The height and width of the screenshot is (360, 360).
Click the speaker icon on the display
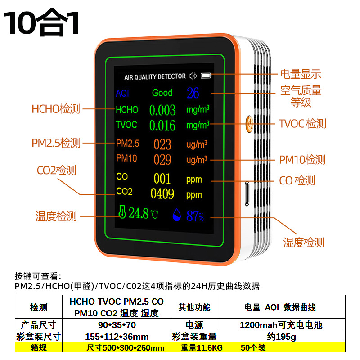click(193, 76)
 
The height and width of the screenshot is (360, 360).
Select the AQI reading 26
click(193, 93)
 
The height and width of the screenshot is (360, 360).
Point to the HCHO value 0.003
click(162, 110)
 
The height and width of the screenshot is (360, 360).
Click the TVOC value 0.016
click(162, 125)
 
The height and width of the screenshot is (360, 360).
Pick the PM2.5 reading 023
click(162, 144)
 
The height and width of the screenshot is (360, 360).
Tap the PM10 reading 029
click(162, 159)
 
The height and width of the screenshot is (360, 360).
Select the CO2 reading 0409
click(162, 194)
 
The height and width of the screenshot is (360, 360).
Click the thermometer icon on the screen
click(122, 213)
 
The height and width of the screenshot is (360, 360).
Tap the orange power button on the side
click(249, 122)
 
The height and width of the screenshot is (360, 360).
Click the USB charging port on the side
click(247, 193)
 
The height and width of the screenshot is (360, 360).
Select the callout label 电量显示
click(301, 75)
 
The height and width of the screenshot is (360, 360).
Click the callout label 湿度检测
click(303, 243)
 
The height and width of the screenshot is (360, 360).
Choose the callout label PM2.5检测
click(56, 143)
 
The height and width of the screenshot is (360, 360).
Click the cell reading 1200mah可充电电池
click(281, 324)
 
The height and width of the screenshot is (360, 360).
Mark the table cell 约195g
click(281, 336)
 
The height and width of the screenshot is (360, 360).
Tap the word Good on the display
click(162, 93)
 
